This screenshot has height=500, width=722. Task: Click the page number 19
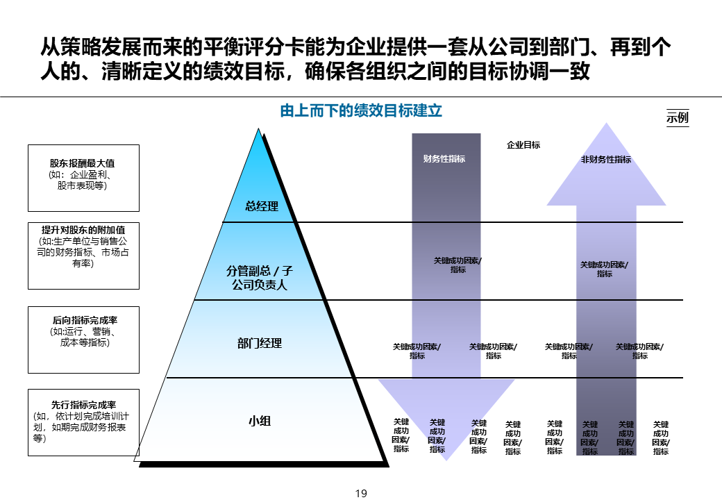361,494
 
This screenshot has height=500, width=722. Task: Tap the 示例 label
678,117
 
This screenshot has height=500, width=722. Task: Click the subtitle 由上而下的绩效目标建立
361,110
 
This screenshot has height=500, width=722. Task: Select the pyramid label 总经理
262,206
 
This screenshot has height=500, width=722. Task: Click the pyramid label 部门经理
260,343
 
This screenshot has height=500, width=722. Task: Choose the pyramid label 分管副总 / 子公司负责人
257,278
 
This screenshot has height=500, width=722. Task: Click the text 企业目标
523,145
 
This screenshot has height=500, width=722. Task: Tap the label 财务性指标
444,159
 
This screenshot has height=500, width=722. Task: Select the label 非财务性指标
606,159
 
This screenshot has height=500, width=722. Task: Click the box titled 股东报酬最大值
83,177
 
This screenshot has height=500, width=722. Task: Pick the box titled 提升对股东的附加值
83,256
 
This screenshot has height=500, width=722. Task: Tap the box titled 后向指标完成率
83,339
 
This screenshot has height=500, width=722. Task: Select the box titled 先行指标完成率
83,422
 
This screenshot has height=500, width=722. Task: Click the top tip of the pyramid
260,129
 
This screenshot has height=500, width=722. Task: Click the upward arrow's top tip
607,124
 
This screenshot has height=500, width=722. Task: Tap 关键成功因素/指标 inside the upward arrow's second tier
605,269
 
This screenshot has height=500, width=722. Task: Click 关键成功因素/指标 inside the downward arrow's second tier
458,265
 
